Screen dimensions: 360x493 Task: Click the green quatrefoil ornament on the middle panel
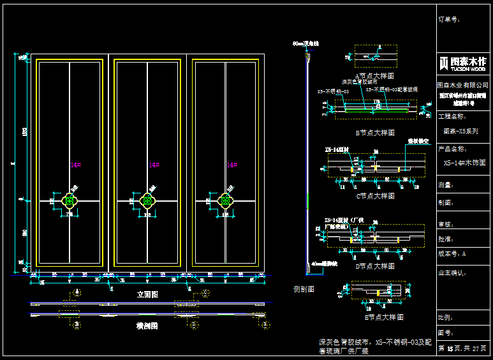pyautogui.click(x=148, y=201)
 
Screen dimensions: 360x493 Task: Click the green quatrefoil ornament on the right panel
pyautogui.click(x=224, y=201)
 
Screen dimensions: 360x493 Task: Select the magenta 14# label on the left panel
pyautogui.click(x=76, y=165)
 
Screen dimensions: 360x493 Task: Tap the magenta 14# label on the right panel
pyautogui.click(x=232, y=165)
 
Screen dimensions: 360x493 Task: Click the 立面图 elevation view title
pyautogui.click(x=147, y=295)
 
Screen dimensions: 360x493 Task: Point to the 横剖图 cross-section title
pyautogui.click(x=147, y=326)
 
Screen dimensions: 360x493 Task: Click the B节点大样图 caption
pyautogui.click(x=375, y=133)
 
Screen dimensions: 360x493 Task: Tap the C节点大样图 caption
pyautogui.click(x=375, y=196)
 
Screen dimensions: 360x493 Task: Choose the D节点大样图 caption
pyautogui.click(x=375, y=266)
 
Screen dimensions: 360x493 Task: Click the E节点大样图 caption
pyautogui.click(x=375, y=317)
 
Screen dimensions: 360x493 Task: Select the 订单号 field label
pyautogui.click(x=449, y=20)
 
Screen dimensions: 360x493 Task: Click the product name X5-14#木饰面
pyautogui.click(x=465, y=163)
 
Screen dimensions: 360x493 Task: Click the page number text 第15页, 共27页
pyautogui.click(x=464, y=349)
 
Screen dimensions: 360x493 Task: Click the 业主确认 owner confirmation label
pyautogui.click(x=453, y=273)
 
